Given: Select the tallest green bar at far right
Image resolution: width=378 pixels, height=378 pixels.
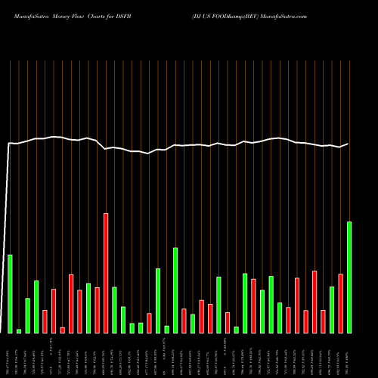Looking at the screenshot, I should coord(349,277).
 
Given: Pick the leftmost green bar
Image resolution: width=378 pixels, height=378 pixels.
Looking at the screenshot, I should coord(11,293).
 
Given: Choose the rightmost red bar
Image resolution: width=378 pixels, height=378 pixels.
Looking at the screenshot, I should coord(340,303).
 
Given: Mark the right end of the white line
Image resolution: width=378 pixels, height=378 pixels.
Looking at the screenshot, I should coord(348,144).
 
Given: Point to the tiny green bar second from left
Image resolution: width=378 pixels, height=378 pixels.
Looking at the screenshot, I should coord(19,330).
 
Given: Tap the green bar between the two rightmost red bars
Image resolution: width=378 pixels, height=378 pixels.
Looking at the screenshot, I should coord(332,310).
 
